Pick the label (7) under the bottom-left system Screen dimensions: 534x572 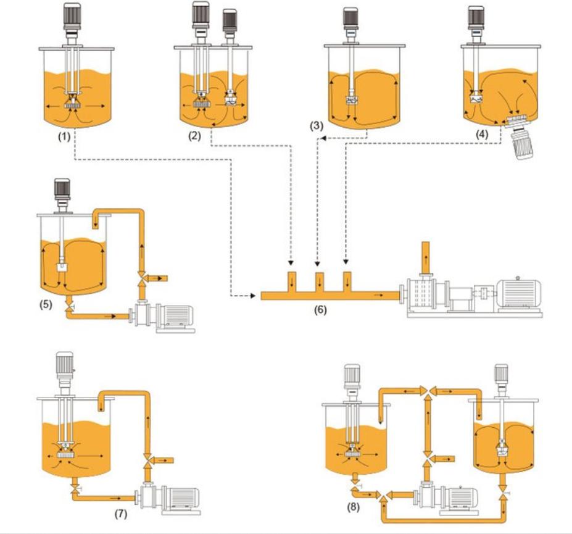[x=120, y=514]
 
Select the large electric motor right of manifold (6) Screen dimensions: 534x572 [x=519, y=293]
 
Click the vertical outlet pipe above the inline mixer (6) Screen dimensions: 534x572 [x=424, y=257]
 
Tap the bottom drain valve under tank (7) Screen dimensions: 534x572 [x=74, y=489]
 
